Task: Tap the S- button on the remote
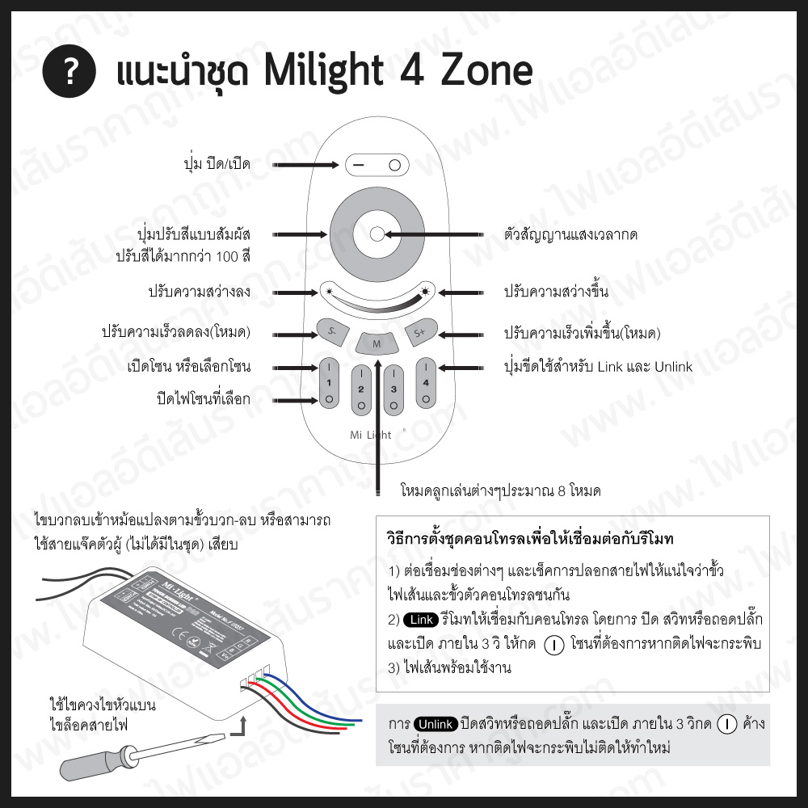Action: coord(332,332)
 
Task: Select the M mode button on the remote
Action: coord(376,344)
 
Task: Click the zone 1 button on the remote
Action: coord(329,381)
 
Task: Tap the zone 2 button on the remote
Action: coord(361,390)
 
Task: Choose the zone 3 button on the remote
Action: coord(393,390)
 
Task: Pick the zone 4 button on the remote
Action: coord(426,381)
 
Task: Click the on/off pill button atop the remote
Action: coord(377,165)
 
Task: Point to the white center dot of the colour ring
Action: coord(377,234)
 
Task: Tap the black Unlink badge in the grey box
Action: coord(436,723)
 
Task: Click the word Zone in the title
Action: coord(487,72)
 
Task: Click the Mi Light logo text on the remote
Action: coord(371,435)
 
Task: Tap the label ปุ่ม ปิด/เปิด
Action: coord(217,165)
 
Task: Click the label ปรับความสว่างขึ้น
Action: coord(556,292)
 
